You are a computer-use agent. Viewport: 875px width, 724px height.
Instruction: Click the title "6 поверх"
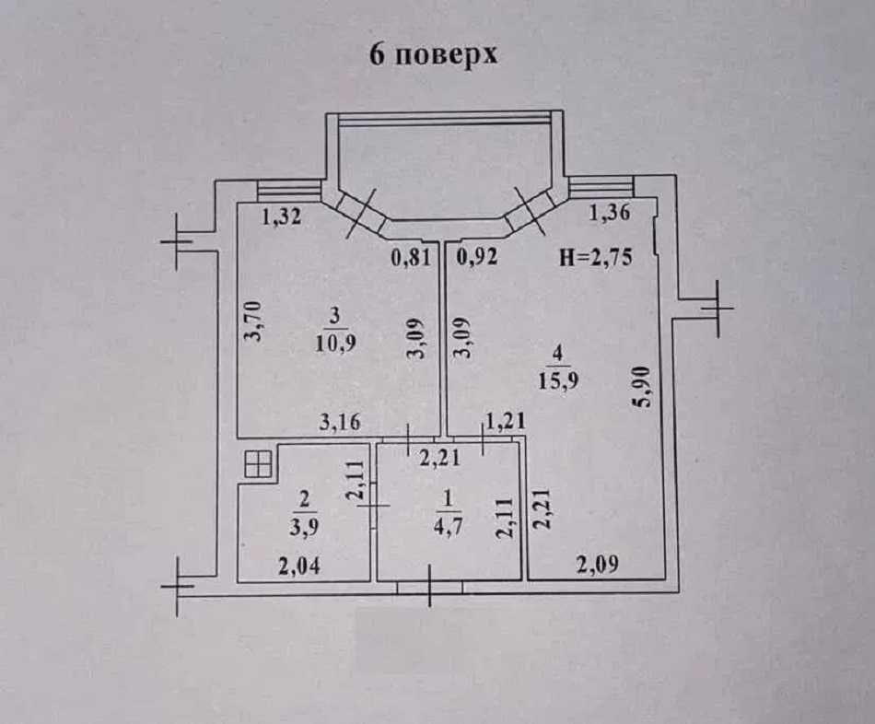pos(433,53)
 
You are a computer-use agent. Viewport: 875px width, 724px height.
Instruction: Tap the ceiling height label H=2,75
pos(596,258)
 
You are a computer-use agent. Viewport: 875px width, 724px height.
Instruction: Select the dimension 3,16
pos(340,423)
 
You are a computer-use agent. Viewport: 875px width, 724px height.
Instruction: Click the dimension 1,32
pos(283,218)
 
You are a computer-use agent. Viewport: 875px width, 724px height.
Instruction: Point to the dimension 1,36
pos(610,215)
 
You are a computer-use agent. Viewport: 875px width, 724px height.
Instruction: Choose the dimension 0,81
pos(411,258)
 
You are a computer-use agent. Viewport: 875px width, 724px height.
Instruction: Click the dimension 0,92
pos(477,258)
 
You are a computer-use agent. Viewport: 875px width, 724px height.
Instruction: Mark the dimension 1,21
pos(504,423)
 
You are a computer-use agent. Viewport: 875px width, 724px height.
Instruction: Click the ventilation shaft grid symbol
pos(259,465)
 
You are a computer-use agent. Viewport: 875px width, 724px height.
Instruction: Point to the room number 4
pos(557,352)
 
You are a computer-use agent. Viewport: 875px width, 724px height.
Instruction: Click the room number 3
pos(337,314)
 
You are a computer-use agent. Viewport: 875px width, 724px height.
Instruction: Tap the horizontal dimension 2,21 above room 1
pos(438,453)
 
